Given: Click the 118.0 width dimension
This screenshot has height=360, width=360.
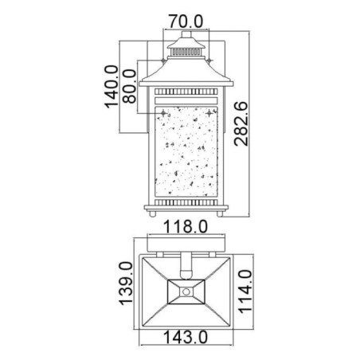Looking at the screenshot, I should pyautogui.click(x=186, y=228).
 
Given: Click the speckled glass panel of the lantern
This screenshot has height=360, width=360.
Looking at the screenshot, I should pyautogui.click(x=186, y=151).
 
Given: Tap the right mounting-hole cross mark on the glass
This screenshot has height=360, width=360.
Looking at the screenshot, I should pyautogui.click(x=210, y=114).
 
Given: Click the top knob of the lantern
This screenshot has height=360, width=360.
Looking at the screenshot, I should pyautogui.click(x=184, y=33).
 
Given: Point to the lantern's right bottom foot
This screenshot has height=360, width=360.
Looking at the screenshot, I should pyautogui.click(x=221, y=214).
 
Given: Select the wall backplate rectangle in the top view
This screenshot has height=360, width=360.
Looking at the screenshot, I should pyautogui.click(x=186, y=242).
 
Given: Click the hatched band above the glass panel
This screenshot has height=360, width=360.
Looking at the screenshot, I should pyautogui.click(x=186, y=93).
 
